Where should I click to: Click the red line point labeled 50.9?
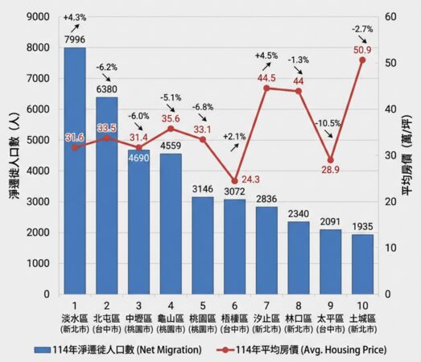coord(361,60)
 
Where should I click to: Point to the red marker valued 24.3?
coord(234,181)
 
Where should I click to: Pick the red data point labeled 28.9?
coord(330,160)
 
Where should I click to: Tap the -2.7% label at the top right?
coord(361,29)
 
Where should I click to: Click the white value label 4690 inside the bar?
coord(138,159)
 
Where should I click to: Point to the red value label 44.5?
coord(266,78)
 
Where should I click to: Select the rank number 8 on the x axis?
coord(298,306)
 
